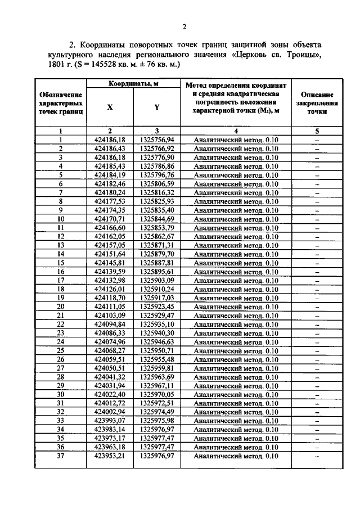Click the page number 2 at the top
point(184,26)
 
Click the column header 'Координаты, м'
point(133,84)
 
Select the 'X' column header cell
point(110,107)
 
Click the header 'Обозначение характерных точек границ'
point(60,103)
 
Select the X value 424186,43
point(110,148)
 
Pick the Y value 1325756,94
point(157,139)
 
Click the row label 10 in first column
point(60,219)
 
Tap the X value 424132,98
point(110,280)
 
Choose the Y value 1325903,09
point(157,280)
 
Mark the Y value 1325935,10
point(157,324)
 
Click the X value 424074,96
point(110,341)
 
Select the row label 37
point(60,456)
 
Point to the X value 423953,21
point(110,456)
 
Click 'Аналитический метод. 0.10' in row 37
point(236,456)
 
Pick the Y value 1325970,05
point(157,394)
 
